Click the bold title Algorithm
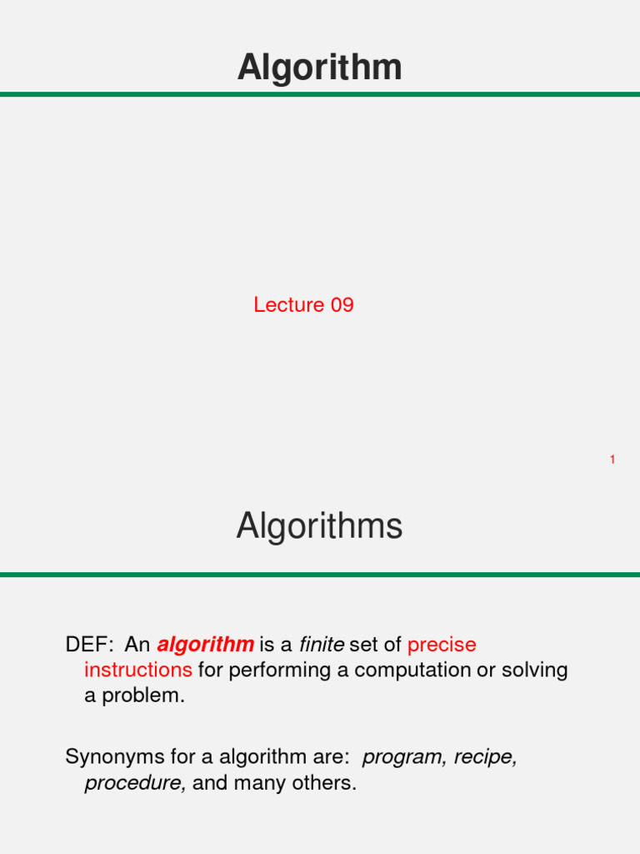319,68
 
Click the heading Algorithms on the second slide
319,527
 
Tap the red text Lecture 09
303,305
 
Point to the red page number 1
612,460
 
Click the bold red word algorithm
205,645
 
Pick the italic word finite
322,645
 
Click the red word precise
442,645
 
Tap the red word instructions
138,670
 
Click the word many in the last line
257,783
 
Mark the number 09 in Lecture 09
342,305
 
